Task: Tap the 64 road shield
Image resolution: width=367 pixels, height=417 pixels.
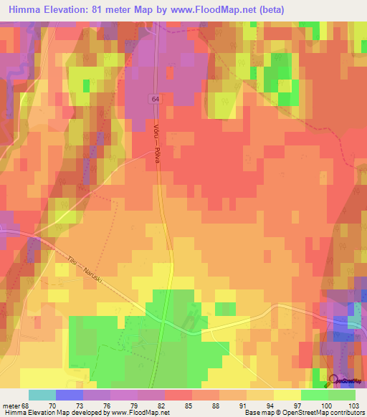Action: coord(155,98)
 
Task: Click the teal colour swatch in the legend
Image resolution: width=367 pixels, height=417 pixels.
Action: coord(42,395)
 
